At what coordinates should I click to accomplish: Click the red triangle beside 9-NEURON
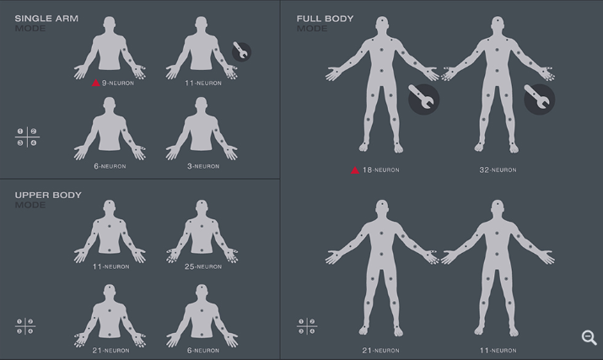96,83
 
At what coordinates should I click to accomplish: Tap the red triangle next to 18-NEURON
355,169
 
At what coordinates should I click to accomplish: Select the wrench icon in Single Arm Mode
242,52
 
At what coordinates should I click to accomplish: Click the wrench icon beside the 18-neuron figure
424,99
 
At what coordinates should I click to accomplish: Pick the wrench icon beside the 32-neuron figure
540,99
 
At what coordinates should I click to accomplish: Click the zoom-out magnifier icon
589,337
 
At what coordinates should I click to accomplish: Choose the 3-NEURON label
203,166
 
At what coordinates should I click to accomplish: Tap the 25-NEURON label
203,266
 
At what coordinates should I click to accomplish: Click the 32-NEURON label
498,169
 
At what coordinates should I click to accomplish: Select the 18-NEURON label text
380,169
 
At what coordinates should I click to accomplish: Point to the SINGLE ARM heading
46,19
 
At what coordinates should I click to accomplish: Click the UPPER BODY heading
48,195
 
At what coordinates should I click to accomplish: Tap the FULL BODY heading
325,19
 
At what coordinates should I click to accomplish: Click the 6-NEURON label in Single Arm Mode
110,166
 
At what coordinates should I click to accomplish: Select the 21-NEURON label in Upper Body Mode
110,351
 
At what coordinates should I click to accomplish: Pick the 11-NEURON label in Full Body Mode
498,351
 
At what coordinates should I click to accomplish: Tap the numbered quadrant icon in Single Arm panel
27,137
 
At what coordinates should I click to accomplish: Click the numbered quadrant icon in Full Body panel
307,326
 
